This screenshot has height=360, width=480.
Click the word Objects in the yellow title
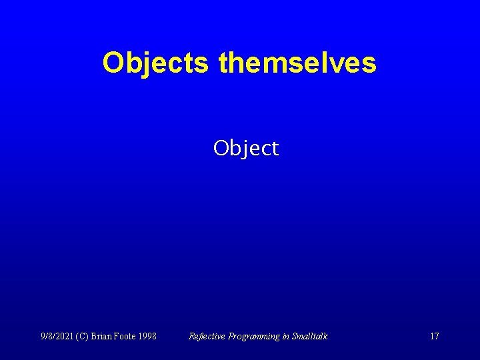157,63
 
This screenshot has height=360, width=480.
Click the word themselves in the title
297,63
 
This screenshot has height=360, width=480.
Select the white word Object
246,148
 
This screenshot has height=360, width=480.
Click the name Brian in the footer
111,336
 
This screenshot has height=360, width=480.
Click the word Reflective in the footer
208,336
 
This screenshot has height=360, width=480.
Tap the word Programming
255,336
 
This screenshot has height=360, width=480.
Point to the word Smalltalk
310,336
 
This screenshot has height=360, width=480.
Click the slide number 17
434,336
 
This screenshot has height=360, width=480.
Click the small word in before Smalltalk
286,336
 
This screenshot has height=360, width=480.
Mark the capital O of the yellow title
112,63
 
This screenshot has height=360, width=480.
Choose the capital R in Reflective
192,336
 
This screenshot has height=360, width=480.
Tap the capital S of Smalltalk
295,336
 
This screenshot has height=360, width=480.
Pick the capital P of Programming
231,336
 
